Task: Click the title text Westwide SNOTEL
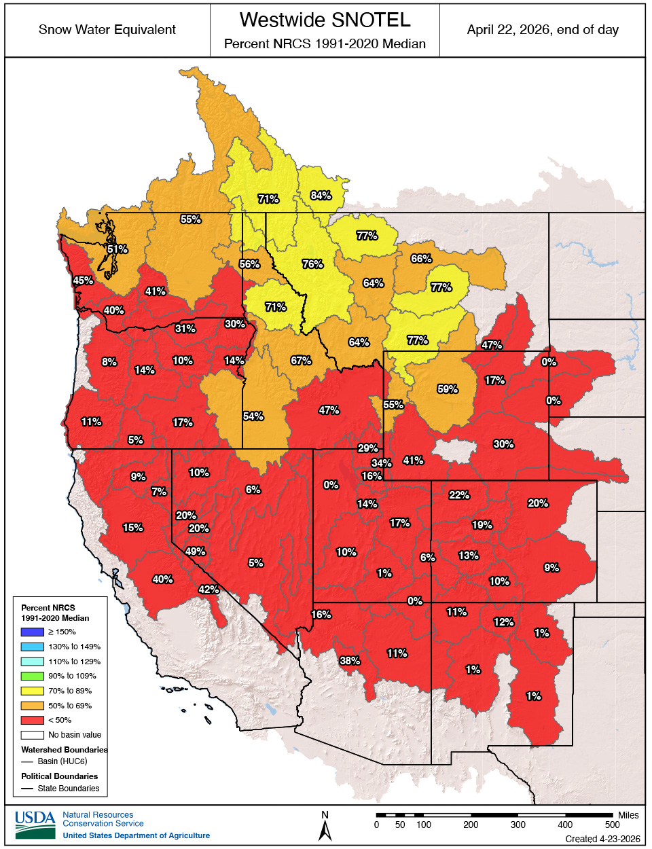325,20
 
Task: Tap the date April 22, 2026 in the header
543,30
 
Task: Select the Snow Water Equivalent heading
107,30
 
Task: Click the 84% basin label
321,196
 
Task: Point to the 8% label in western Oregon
109,362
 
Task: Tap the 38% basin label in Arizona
350,661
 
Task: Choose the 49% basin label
195,552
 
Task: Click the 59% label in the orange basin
448,389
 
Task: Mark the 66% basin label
421,259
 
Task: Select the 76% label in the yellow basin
312,264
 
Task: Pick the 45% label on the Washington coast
83,281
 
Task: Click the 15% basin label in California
132,528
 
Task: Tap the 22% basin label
459,495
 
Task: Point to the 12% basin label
503,622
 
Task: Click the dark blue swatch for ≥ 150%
32,632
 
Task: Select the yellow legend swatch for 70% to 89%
32,691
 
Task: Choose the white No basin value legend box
32,735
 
